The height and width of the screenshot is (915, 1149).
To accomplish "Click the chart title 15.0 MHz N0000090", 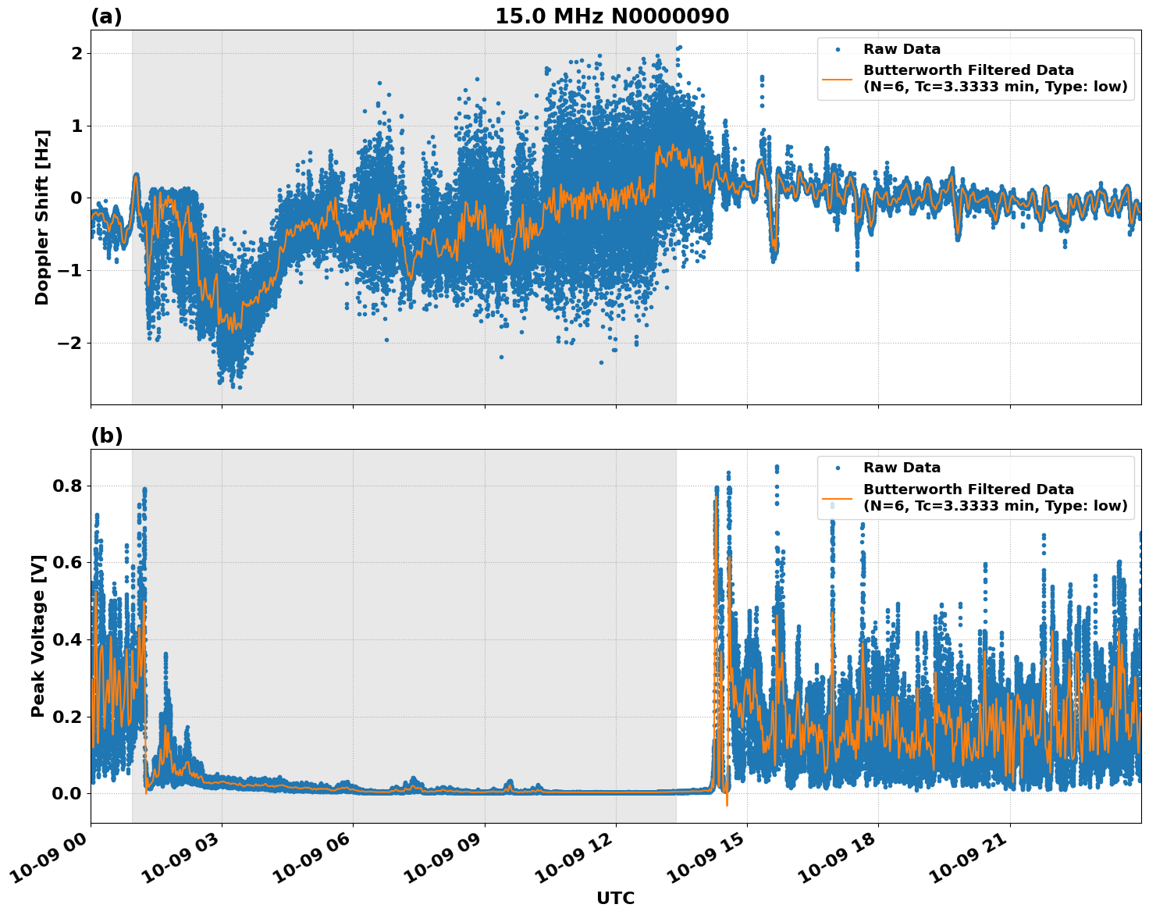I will click(612, 16).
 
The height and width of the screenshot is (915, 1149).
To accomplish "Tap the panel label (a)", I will click(106, 16).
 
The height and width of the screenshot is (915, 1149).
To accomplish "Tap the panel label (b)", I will click(106, 436).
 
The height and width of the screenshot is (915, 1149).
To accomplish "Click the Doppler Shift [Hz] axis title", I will click(42, 217).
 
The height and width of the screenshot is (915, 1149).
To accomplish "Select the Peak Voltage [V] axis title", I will click(38, 636).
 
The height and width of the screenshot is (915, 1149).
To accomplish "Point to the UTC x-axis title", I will click(615, 898).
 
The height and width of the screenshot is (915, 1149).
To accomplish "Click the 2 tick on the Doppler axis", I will click(76, 54).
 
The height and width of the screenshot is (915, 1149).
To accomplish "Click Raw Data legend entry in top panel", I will click(902, 49).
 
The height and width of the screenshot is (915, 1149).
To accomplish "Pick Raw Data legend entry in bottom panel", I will click(902, 468).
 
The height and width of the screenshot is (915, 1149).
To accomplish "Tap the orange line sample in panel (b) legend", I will click(838, 497).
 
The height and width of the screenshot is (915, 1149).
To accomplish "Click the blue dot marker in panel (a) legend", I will click(838, 49).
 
